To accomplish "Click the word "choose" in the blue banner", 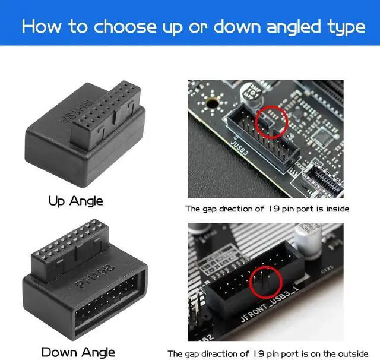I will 122,27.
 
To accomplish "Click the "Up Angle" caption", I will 75,201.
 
